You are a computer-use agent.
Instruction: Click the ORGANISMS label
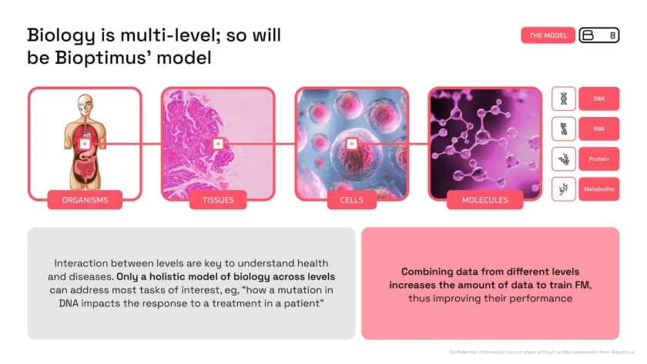[x=85, y=200]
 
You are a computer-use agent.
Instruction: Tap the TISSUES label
[x=218, y=200]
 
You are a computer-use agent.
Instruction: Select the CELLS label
[x=351, y=200]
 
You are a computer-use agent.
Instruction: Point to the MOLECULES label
[x=484, y=200]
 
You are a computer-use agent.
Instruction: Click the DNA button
[x=598, y=99]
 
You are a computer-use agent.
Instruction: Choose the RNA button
[x=598, y=129]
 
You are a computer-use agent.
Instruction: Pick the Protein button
[x=598, y=159]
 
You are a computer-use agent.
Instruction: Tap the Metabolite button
[x=598, y=189]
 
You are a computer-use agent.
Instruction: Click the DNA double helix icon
[x=564, y=99]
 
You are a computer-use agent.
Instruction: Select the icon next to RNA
[x=564, y=129]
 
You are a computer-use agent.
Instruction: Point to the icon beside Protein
[x=564, y=159]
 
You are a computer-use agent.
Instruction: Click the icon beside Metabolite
[x=564, y=189]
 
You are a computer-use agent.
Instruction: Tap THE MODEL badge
[x=548, y=35]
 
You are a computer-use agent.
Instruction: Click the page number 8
[x=613, y=35]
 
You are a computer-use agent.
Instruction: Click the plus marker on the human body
[x=85, y=144]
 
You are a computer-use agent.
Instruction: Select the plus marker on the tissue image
[x=218, y=144]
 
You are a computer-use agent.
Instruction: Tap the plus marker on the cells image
[x=351, y=144]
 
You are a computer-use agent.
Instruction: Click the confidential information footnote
[x=541, y=352]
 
